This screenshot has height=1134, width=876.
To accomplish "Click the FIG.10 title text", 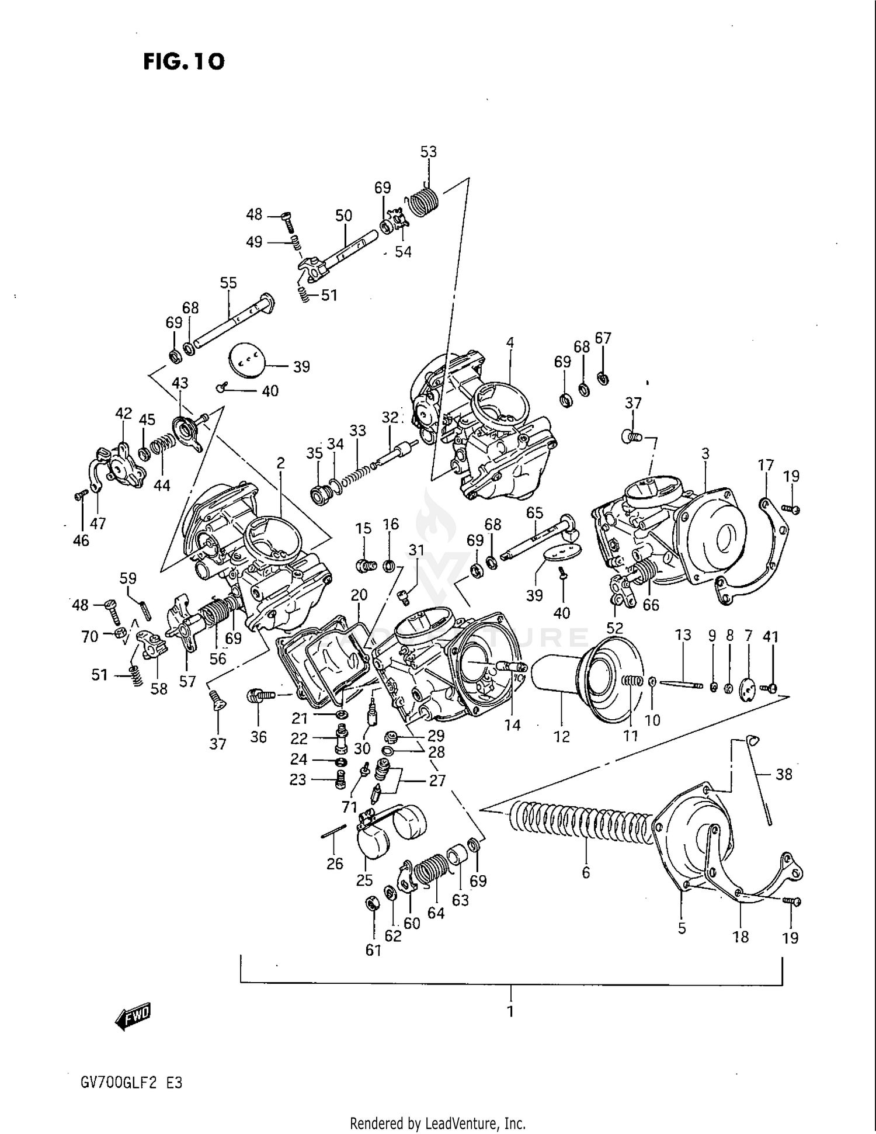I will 184,61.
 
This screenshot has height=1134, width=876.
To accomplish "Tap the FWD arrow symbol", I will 133,1017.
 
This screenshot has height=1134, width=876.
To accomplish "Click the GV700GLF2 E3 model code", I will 132,1083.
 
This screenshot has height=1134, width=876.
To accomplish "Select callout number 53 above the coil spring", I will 428,152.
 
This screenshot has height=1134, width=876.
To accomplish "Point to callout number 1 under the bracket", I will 510,1011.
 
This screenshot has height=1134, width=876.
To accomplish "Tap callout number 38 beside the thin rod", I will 784,774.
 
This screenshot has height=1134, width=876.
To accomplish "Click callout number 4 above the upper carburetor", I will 510,342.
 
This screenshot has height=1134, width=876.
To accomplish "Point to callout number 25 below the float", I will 364,880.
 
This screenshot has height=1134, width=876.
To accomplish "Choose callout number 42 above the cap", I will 123,414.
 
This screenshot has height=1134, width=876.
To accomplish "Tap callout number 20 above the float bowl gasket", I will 359,595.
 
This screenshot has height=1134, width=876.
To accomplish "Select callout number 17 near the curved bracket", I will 766,465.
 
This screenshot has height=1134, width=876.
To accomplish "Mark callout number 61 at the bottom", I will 373,951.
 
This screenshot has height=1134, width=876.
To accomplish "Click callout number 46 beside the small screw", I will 81,540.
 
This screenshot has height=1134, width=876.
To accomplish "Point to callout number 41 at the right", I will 771,636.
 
